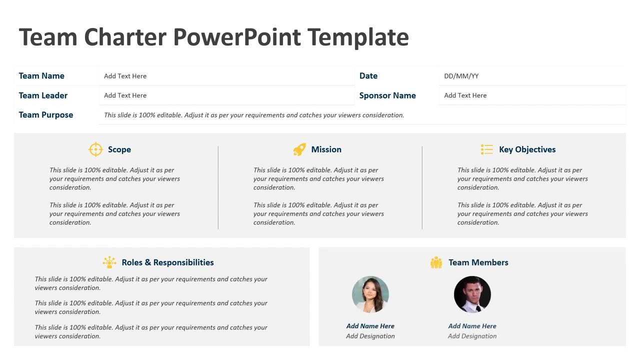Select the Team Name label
[x=41, y=76]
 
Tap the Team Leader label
[x=43, y=95]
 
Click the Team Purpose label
[x=46, y=115]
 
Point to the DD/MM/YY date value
[x=461, y=76]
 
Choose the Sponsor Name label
[x=387, y=95]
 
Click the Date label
[x=368, y=76]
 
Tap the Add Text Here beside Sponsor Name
[x=465, y=95]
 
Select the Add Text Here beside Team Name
[x=125, y=76]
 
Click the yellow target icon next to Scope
[x=95, y=149]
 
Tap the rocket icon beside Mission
[x=299, y=149]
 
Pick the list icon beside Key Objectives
[x=486, y=149]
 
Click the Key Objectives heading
[x=527, y=149]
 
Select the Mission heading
[x=326, y=149]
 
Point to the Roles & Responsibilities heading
[x=167, y=262]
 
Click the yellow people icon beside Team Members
[x=436, y=262]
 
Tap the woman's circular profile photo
[x=370, y=294]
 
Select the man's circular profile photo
[x=472, y=294]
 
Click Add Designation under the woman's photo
[x=370, y=336]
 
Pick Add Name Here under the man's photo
[x=472, y=326]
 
